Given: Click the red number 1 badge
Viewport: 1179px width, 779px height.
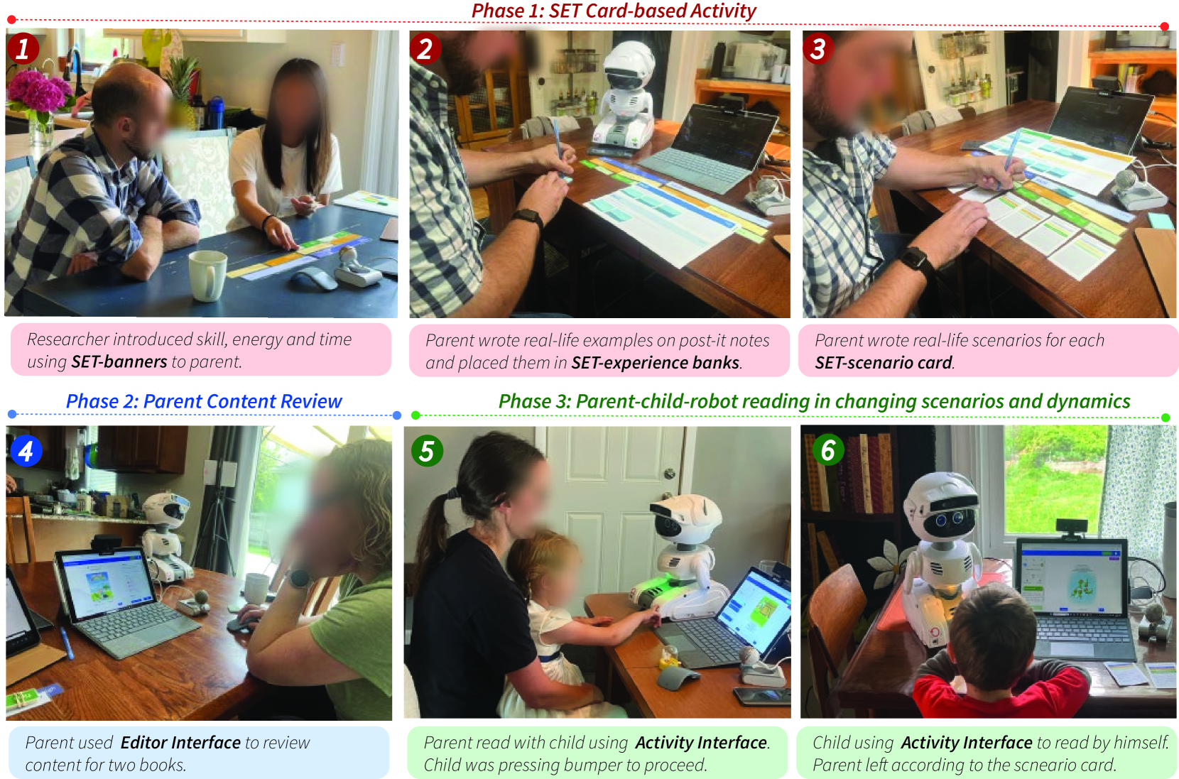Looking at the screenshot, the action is pyautogui.click(x=23, y=49).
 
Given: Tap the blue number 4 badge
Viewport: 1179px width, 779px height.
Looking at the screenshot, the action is pyautogui.click(x=26, y=451).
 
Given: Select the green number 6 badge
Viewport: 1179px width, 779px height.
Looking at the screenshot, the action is pyautogui.click(x=828, y=450).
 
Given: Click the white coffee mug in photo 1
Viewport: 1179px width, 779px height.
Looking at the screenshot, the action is pyautogui.click(x=208, y=275).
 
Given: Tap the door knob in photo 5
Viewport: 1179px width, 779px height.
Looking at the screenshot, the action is pyautogui.click(x=670, y=474).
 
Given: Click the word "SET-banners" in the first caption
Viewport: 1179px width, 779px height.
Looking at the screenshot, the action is pyautogui.click(x=119, y=362).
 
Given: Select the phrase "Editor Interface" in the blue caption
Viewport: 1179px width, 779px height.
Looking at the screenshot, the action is pyautogui.click(x=180, y=743).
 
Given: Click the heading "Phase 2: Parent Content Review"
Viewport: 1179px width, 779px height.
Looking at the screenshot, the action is pyautogui.click(x=204, y=401).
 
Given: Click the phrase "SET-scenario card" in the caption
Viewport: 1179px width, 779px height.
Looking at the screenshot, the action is pyautogui.click(x=884, y=363).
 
